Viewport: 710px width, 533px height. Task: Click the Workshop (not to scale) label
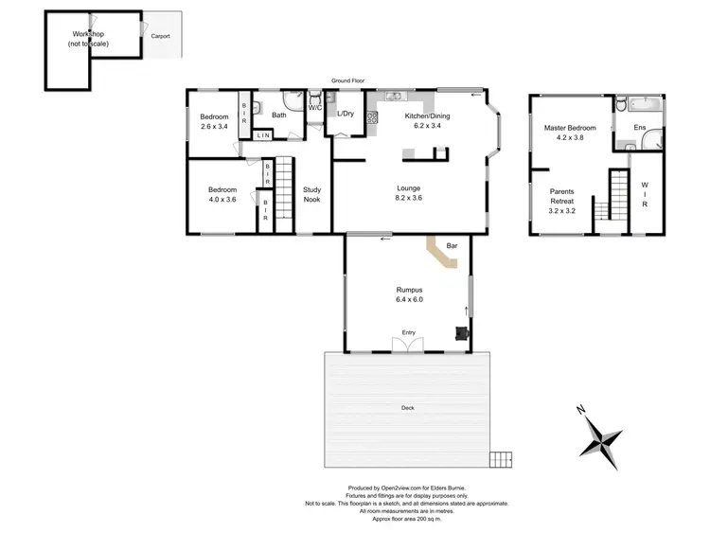pyautogui.click(x=87, y=39)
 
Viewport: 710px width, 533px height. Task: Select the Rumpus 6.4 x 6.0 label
pyautogui.click(x=409, y=294)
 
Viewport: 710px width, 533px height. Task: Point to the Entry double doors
pyautogui.click(x=409, y=346)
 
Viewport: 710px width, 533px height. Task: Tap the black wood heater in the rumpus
pyautogui.click(x=460, y=332)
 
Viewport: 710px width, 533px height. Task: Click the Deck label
pyautogui.click(x=407, y=408)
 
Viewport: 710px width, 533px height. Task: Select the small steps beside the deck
pyautogui.click(x=501, y=460)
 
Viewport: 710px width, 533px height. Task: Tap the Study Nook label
pyautogui.click(x=312, y=195)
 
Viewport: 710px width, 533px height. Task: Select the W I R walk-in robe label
pyautogui.click(x=645, y=195)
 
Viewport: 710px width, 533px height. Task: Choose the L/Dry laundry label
pyautogui.click(x=346, y=115)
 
